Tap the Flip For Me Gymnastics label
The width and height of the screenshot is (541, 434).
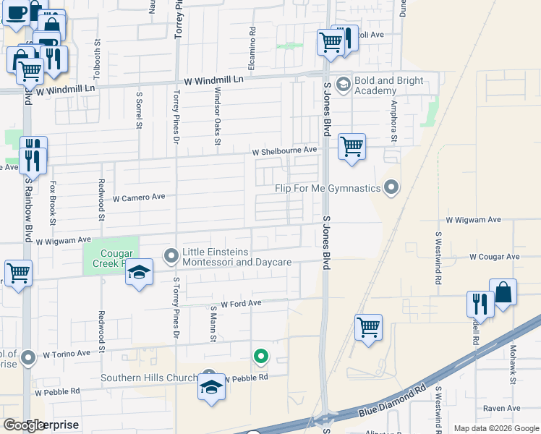pos(328,189)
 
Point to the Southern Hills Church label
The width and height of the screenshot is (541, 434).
pos(149,378)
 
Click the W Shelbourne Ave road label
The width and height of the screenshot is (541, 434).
pos(285,150)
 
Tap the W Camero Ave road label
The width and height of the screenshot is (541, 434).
pos(140,197)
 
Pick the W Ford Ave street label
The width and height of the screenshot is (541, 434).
pos(241,305)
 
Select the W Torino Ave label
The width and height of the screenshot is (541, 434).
pos(67,354)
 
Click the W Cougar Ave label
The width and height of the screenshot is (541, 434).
pos(495,257)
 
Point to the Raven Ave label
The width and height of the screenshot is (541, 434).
pos(502,409)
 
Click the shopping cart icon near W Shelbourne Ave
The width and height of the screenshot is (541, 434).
pos(352,147)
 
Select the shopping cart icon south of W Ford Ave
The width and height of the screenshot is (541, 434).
pos(369,328)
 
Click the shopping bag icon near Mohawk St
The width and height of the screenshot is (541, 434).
pos(503,293)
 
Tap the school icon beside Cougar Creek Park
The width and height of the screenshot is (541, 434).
pos(139,273)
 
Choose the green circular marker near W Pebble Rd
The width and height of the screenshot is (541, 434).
pos(261,356)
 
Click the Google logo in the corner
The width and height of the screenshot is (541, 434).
pos(25,425)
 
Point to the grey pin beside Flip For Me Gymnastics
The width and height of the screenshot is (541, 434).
pos(391,188)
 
